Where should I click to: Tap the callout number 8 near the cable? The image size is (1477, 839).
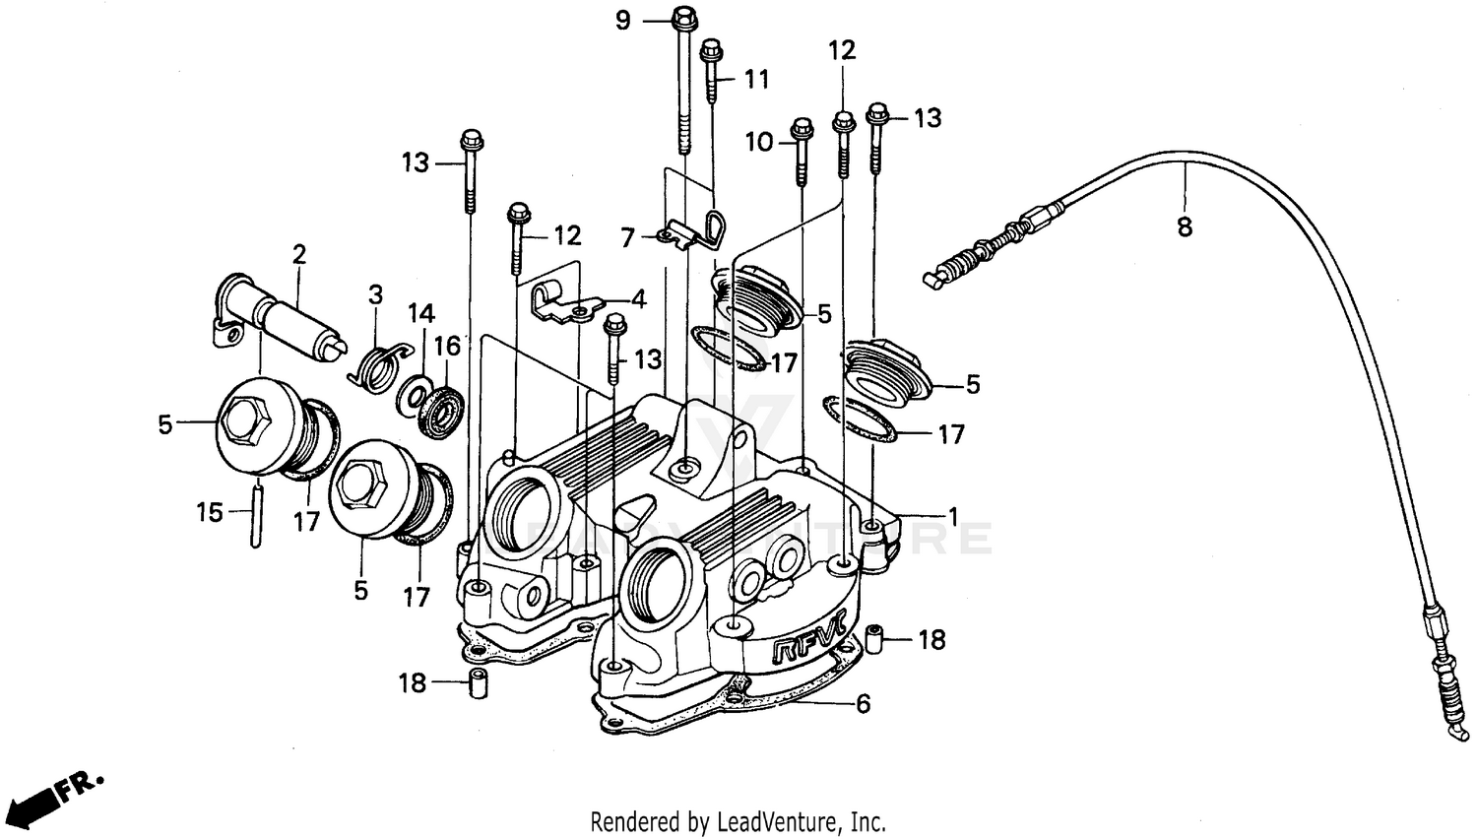tap(1185, 227)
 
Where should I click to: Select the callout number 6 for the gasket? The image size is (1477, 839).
tap(864, 704)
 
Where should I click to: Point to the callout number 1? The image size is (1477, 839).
tap(952, 515)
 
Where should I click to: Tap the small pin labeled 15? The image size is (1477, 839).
tap(256, 511)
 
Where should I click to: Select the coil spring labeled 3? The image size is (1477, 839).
tap(376, 366)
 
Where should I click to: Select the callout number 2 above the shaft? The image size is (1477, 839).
tap(299, 255)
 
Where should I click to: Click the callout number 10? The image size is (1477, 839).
tap(759, 143)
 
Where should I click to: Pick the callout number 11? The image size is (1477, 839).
tap(755, 79)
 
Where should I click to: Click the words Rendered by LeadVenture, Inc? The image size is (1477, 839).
tap(738, 820)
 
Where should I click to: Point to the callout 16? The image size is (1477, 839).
tap(448, 347)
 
